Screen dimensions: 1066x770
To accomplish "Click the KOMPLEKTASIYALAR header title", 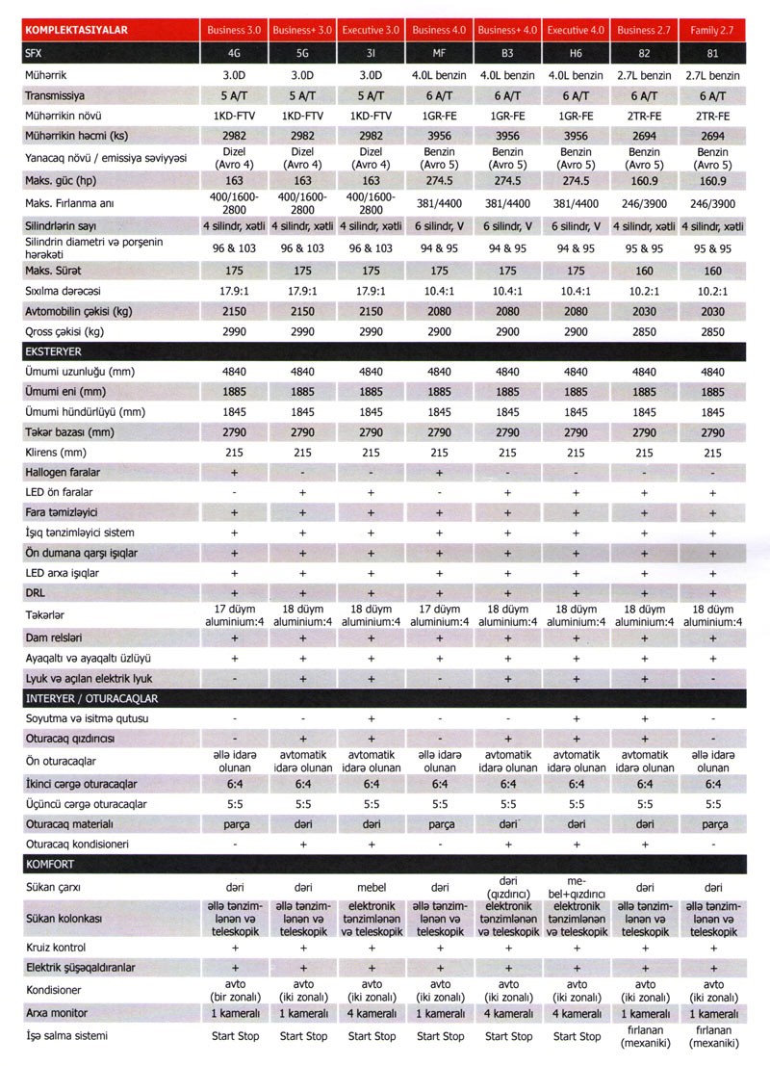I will click(x=77, y=30).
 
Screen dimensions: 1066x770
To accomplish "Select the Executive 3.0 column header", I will click(x=371, y=30).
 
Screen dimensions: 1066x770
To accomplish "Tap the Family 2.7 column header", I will click(x=713, y=30).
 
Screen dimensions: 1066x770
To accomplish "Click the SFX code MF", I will click(x=439, y=53).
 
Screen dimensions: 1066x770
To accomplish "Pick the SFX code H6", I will click(x=576, y=53).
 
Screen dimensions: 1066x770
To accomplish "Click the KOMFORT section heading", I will click(x=49, y=864).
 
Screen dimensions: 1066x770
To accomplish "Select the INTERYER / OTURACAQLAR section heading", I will click(x=92, y=698).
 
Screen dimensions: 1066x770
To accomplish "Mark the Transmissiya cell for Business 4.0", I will click(x=439, y=95).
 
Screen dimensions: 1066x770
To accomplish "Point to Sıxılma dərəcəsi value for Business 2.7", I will click(x=644, y=290).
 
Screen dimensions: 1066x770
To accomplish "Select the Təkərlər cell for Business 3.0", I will click(x=234, y=616).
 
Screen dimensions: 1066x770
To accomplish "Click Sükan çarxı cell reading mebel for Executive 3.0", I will click(x=372, y=884).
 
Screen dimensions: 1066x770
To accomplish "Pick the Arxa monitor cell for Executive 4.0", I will click(x=576, y=1014).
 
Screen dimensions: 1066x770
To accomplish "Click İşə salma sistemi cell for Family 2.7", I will click(x=713, y=1036).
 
